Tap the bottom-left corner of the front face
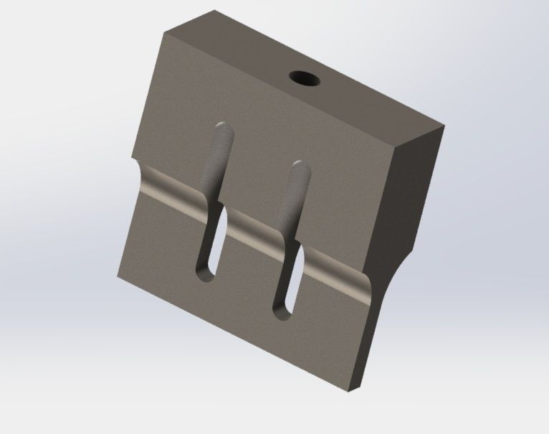click(117, 274)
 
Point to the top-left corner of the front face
click(164, 33)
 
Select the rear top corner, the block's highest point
click(215, 11)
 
